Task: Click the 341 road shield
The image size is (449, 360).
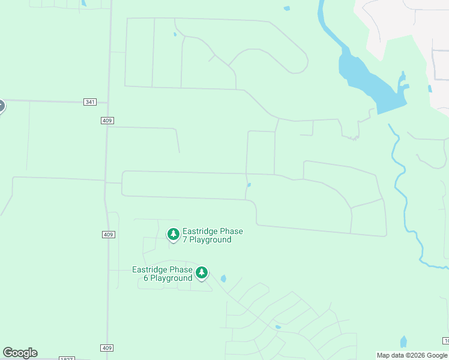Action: pos(90,102)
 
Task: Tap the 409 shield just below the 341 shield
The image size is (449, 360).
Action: pos(107,121)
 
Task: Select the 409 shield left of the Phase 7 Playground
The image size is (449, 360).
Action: pos(107,234)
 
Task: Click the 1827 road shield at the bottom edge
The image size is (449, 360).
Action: pos(67,358)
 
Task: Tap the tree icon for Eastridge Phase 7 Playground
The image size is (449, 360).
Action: pos(173,234)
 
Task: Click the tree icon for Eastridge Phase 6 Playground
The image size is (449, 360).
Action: pos(202,273)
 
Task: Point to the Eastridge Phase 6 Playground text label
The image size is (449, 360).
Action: pos(162,274)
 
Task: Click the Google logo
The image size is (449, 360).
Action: pos(20,353)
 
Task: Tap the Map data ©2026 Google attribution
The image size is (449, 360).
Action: pos(412,355)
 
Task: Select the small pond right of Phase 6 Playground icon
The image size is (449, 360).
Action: pos(224,278)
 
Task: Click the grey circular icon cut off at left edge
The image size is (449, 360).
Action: pos(1,106)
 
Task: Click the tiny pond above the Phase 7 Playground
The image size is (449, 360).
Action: pos(249,185)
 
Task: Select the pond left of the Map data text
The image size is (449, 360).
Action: pos(403,342)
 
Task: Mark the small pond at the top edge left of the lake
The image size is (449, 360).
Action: pos(287,8)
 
